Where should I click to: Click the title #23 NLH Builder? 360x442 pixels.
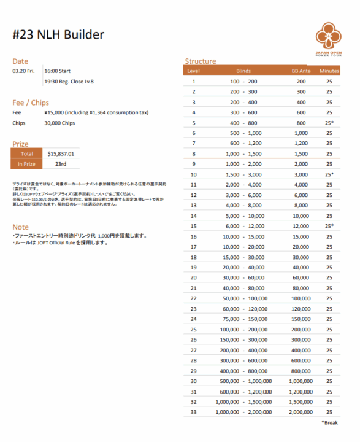pyautogui.click(x=58, y=35)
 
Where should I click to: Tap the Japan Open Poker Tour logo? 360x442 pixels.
pyautogui.click(x=331, y=39)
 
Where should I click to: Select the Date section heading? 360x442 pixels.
pyautogui.click(x=20, y=61)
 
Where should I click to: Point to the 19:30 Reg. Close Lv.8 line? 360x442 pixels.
pyautogui.click(x=69, y=82)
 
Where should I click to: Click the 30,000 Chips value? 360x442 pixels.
pyautogui.click(x=59, y=123)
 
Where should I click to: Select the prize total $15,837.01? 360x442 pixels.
pyautogui.click(x=60, y=153)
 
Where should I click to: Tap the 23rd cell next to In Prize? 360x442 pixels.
pyautogui.click(x=60, y=164)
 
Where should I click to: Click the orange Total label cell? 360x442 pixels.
pyautogui.click(x=27, y=153)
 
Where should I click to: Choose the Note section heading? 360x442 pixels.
pyautogui.click(x=20, y=227)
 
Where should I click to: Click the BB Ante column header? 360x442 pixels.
pyautogui.click(x=301, y=71)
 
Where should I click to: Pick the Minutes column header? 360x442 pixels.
pyautogui.click(x=329, y=71)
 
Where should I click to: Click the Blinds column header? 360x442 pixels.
pyautogui.click(x=243, y=71)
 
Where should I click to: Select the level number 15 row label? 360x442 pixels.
pyautogui.click(x=193, y=226)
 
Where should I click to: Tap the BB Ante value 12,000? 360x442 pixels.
pyautogui.click(x=301, y=226)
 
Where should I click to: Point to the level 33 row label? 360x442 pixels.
pyautogui.click(x=193, y=412)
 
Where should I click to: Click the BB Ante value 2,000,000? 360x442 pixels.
pyautogui.click(x=301, y=412)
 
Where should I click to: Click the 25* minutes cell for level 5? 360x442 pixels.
pyautogui.click(x=329, y=123)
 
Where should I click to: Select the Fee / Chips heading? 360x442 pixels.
pyautogui.click(x=31, y=103)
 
